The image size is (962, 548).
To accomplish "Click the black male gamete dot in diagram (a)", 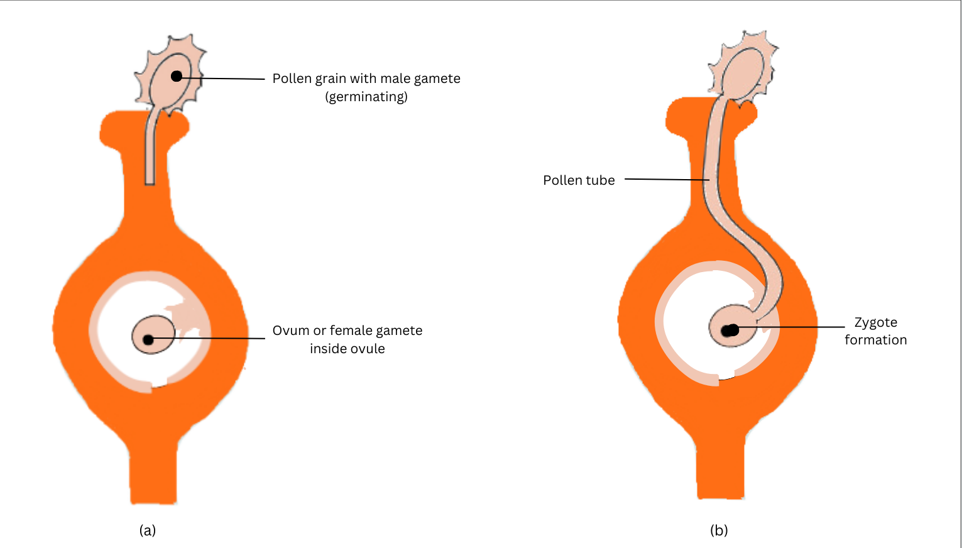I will tap(177, 76).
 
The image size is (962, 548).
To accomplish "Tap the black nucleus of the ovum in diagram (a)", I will tap(148, 340).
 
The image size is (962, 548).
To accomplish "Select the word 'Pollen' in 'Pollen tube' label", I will tap(563, 180).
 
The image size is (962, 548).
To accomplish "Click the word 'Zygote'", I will tap(875, 323).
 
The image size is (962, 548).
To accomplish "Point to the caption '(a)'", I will tap(147, 530).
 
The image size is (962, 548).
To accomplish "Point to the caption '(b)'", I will tap(719, 530).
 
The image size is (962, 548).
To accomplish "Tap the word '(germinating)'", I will tap(366, 97).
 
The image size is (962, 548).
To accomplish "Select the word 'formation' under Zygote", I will tap(875, 340).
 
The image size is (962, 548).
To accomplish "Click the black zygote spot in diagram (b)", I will tap(730, 330).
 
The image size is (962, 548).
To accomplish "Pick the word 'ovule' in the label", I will tap(367, 349).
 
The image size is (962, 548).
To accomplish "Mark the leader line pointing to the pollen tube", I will tap(666, 180).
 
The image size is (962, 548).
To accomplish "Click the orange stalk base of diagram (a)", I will tap(153, 478).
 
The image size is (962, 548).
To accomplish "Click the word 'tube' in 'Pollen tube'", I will tap(600, 180).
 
